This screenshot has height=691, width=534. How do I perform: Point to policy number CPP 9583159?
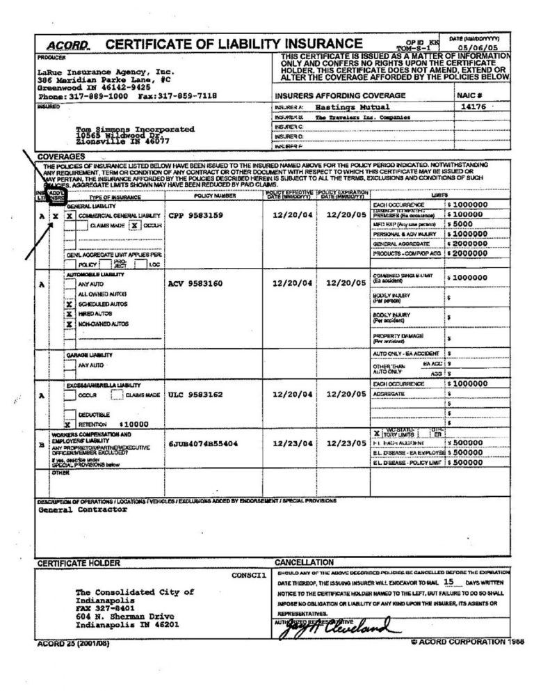pos(196,216)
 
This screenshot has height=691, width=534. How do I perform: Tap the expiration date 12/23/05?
pos(346,443)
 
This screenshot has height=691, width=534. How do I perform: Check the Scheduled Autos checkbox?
pos(69,305)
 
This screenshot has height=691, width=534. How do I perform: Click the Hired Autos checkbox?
pos(69,315)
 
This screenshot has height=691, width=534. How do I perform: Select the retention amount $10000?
pos(134,423)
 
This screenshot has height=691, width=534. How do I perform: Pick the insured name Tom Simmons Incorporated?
pos(136,129)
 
